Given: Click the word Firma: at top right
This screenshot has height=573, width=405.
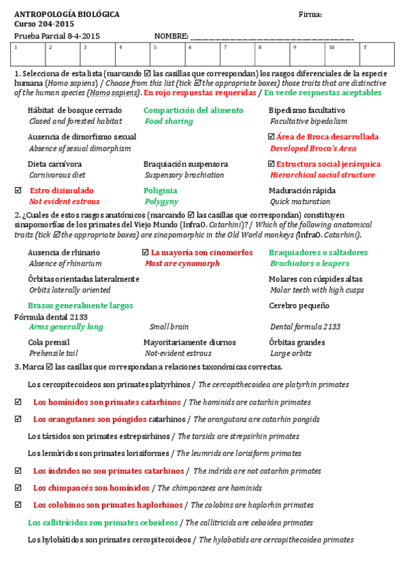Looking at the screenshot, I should [x=310, y=14].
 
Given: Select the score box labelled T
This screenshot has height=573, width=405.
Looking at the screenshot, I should [x=376, y=53].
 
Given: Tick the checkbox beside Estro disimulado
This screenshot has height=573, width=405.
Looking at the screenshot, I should [x=18, y=191].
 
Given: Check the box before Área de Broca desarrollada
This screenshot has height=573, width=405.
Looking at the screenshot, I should [x=272, y=137].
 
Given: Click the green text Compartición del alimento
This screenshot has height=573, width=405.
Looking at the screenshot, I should [x=193, y=110].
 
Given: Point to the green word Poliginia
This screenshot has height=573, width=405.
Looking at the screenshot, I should [x=160, y=191].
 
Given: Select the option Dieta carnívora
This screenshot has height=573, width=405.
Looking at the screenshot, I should [x=55, y=164].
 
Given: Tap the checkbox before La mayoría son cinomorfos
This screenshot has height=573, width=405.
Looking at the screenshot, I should [x=145, y=253].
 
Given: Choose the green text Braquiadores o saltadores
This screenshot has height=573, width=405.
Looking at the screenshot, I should [x=318, y=253].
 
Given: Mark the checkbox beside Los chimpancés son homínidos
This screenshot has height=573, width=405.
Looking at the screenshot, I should [x=18, y=488].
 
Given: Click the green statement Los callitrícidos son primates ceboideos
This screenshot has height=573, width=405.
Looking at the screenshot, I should [x=103, y=522].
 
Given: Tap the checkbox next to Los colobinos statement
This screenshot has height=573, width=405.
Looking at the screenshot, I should [x=18, y=505].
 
